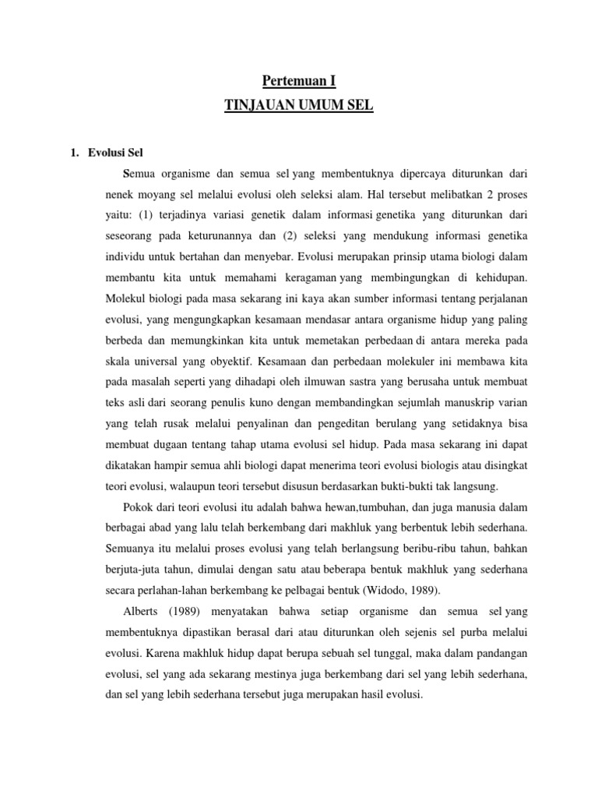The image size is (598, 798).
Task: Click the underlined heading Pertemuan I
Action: (298, 81)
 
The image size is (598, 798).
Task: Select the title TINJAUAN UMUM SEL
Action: (298, 104)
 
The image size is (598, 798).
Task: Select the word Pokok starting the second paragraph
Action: (137, 509)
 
